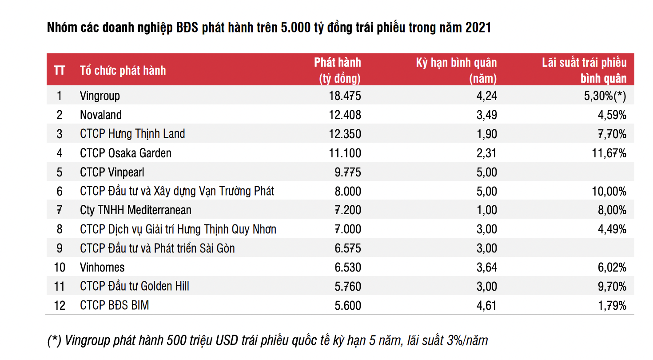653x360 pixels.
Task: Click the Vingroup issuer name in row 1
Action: coord(100,96)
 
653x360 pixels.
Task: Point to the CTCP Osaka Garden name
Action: coord(126,153)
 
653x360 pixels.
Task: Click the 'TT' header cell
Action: coord(60,70)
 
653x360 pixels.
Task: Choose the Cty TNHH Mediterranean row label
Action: coord(135,210)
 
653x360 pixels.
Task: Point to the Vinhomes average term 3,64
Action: coord(487,268)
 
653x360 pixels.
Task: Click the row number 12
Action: coord(60,306)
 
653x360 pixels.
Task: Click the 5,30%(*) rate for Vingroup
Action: coord(605,96)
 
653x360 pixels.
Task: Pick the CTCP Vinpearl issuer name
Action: coord(112,172)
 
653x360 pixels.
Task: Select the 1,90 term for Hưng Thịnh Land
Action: coord(487,134)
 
